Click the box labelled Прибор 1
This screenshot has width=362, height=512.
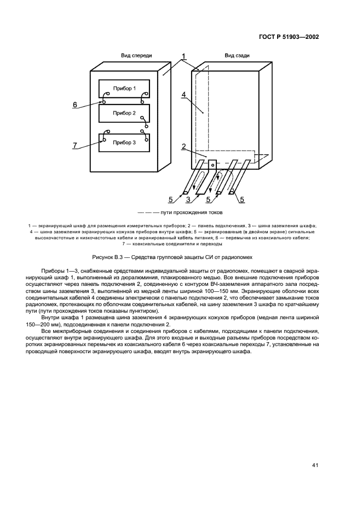[x=124, y=88]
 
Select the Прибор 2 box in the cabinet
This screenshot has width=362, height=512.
[x=124, y=113]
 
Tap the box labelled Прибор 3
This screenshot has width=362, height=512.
[x=124, y=142]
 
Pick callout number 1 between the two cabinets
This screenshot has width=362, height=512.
[x=184, y=56]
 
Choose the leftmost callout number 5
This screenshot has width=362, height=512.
[x=170, y=199]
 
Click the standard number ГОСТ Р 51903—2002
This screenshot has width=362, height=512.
[x=289, y=37]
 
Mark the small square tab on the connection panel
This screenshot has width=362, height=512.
[x=212, y=163]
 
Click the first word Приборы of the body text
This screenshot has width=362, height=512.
[x=53, y=272]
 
